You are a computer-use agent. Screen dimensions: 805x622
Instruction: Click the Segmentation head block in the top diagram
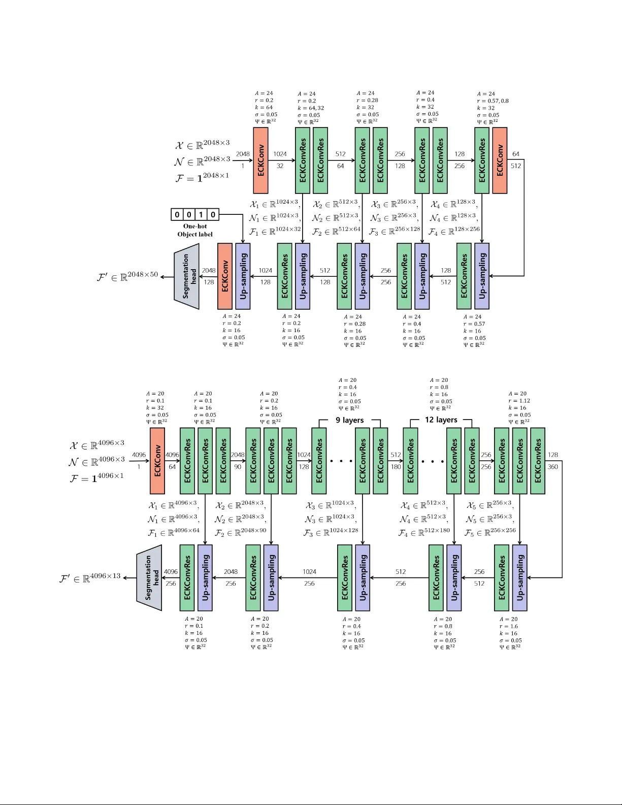[x=187, y=276]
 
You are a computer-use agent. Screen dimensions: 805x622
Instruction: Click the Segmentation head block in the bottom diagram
[x=149, y=577]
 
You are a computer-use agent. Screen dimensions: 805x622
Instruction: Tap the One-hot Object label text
[x=195, y=230]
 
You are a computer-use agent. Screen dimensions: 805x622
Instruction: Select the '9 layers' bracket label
[x=349, y=420]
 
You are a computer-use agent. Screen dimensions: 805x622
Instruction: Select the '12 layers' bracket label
[x=441, y=420]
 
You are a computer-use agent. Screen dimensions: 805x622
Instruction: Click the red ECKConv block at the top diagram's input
[x=260, y=160]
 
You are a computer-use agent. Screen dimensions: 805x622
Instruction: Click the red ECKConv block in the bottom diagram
[x=157, y=461]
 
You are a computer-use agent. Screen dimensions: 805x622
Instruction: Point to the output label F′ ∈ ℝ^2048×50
[x=127, y=276]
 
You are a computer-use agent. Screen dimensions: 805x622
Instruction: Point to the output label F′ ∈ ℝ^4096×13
[x=90, y=578]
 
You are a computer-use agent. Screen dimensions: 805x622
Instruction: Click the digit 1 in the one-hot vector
[x=201, y=214]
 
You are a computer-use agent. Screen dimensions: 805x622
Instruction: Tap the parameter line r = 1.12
[x=519, y=401]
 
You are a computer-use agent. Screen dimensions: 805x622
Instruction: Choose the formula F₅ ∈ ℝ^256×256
[x=490, y=532]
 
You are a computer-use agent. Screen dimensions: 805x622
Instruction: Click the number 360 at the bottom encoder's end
[x=552, y=467]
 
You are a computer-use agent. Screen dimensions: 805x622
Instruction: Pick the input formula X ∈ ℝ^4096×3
[x=96, y=445]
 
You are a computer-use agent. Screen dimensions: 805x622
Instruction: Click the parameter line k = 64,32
[x=310, y=108]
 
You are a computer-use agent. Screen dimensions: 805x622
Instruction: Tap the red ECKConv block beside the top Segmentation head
[x=225, y=276]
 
